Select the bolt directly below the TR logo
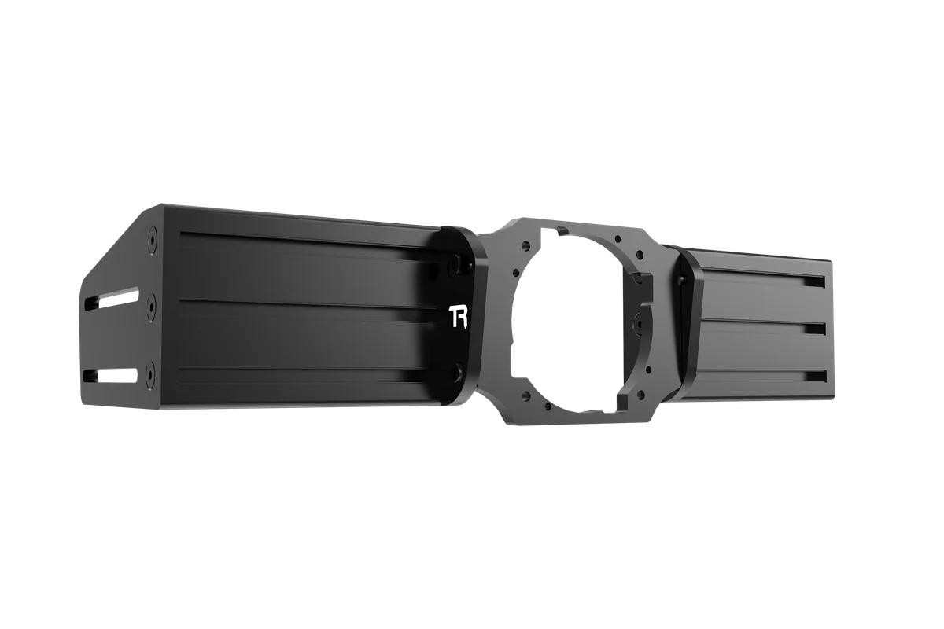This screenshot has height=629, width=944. (x=457, y=370)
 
